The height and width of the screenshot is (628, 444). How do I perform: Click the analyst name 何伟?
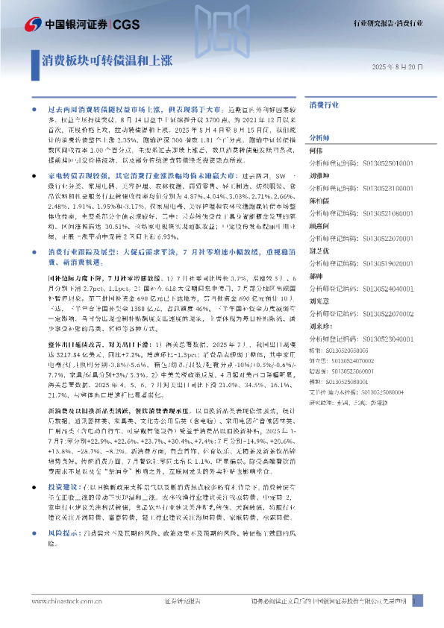pos(316,151)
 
